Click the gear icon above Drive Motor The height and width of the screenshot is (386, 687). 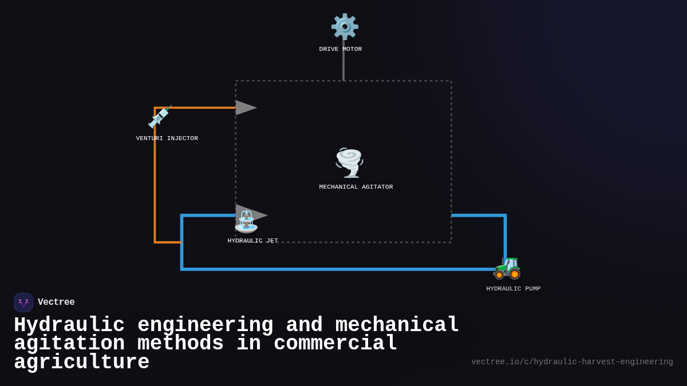(x=345, y=26)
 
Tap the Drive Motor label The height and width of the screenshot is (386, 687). (x=341, y=49)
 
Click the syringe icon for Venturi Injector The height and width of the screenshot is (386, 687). (x=159, y=117)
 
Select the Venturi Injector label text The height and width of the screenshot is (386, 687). (x=167, y=138)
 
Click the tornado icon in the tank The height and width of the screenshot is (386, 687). (x=349, y=162)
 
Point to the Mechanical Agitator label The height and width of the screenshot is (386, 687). (x=356, y=187)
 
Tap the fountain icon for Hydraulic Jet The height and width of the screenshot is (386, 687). (x=246, y=221)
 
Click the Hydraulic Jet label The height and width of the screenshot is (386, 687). (x=252, y=241)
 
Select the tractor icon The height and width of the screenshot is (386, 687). (x=507, y=267)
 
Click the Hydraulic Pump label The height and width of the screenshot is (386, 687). (x=513, y=289)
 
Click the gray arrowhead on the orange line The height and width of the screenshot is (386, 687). (x=245, y=108)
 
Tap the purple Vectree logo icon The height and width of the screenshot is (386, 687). (x=23, y=303)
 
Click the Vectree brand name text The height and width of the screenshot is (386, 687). (x=56, y=303)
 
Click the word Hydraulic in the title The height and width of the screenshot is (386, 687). (x=69, y=325)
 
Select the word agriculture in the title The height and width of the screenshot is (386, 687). (x=81, y=363)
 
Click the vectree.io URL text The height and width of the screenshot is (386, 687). (x=572, y=362)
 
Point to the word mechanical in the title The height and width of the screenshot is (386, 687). (x=397, y=325)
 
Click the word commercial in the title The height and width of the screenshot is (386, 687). (x=335, y=344)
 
